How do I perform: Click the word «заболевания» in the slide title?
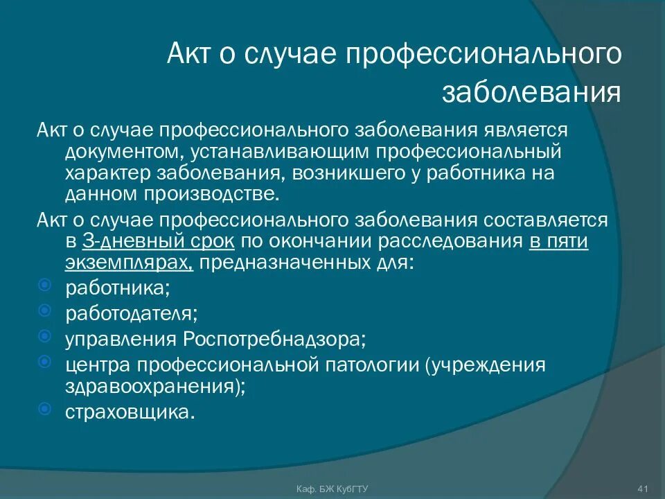click(531, 91)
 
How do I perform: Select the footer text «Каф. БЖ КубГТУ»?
click(332, 489)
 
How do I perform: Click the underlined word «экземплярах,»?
click(130, 263)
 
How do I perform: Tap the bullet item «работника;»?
click(118, 287)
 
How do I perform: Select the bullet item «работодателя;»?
click(132, 313)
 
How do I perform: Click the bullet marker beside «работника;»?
click(44, 285)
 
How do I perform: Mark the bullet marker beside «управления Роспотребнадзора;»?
click(44, 337)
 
